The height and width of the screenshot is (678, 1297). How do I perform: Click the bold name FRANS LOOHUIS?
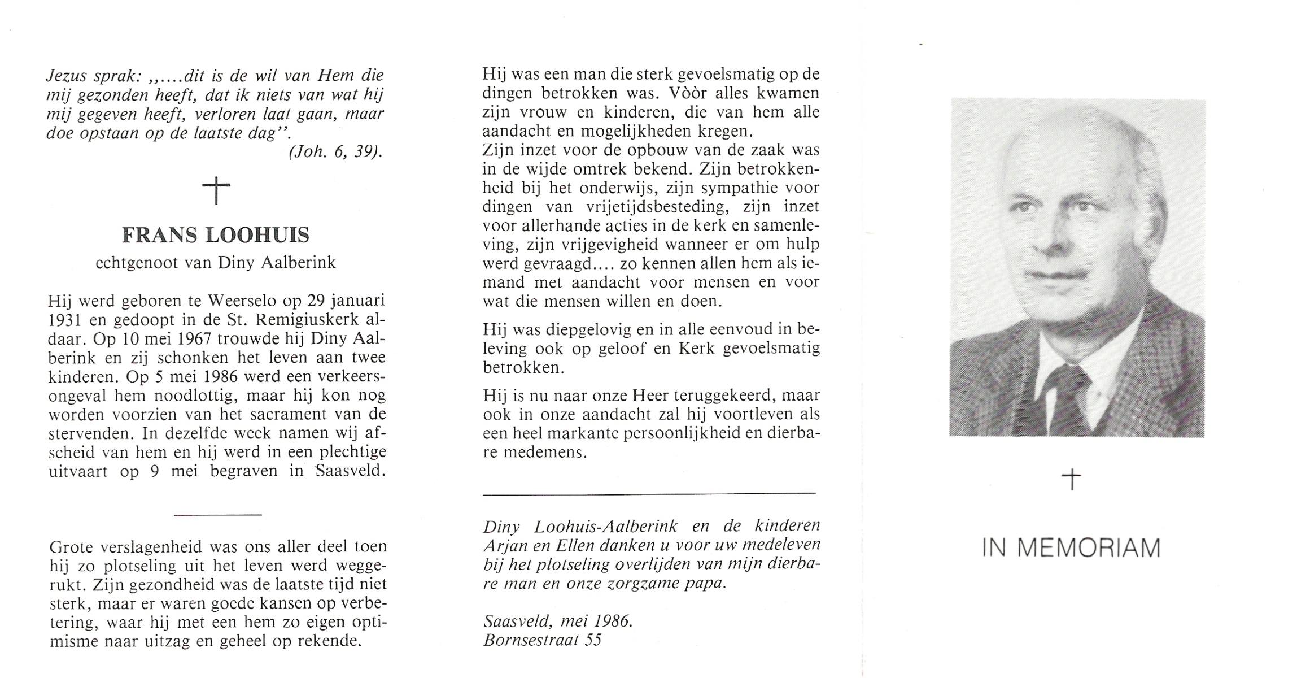(216, 235)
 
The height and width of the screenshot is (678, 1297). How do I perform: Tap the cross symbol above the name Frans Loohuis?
(216, 190)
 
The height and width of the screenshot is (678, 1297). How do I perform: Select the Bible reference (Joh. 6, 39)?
(335, 153)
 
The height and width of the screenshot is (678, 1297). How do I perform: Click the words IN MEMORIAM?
(1071, 549)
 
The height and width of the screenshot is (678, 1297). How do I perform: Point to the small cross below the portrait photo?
(1071, 480)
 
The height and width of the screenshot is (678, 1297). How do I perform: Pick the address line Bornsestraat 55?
(542, 640)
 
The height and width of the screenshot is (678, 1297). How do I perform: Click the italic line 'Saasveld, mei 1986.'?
(558, 621)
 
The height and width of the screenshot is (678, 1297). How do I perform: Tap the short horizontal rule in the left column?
(217, 514)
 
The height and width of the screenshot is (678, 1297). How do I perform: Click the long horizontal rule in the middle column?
(649, 493)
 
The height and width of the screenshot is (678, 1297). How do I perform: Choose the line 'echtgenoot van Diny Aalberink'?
(216, 263)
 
